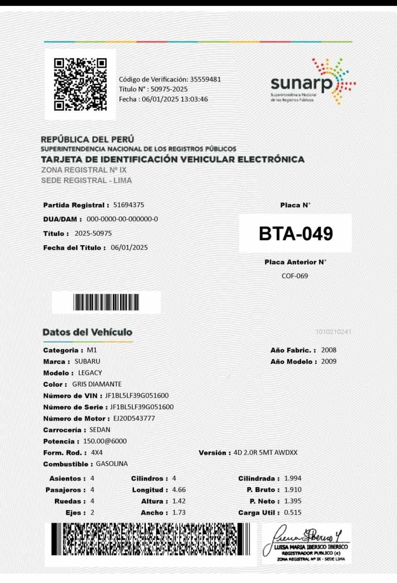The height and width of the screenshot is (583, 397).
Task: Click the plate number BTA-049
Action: tap(295, 234)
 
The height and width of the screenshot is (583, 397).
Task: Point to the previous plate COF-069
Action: tap(295, 276)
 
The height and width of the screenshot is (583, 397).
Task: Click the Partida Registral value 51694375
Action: tap(128, 205)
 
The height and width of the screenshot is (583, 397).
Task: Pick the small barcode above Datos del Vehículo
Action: tap(106, 302)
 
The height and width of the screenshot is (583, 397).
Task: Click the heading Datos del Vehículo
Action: tap(87, 332)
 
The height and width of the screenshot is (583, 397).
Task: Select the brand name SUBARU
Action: tap(87, 361)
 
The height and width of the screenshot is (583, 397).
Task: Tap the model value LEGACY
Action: tap(90, 373)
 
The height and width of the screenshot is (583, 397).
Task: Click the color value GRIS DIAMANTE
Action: tap(100, 384)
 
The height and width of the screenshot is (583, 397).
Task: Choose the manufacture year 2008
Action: tap(328, 350)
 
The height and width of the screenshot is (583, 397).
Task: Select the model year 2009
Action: tap(328, 361)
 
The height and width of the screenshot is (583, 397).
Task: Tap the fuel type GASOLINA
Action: tap(112, 464)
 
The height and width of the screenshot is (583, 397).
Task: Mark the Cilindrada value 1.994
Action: tap(293, 479)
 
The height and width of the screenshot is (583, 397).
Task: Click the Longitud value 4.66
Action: tap(179, 490)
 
